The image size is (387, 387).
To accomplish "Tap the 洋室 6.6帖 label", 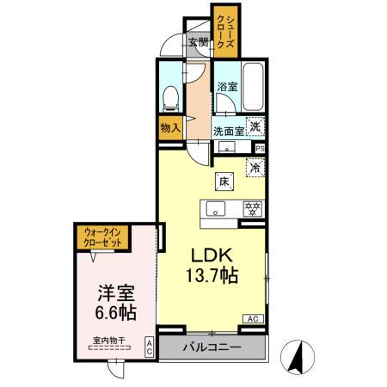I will tap(113, 300).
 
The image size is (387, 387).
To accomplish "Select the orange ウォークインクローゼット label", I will tap(103, 236).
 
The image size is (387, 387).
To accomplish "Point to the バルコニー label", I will tap(212, 348).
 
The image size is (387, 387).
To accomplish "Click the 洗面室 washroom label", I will tap(228, 132).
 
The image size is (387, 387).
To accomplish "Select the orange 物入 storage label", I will tap(169, 127).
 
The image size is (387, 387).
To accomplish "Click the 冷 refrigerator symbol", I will tap(255, 168).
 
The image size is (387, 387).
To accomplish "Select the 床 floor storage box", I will tap(223, 181).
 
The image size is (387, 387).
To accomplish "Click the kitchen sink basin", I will tap(213, 208).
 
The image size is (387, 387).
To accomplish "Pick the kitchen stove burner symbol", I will tap(253, 207).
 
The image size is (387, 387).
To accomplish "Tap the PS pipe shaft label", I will tap(260, 148).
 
